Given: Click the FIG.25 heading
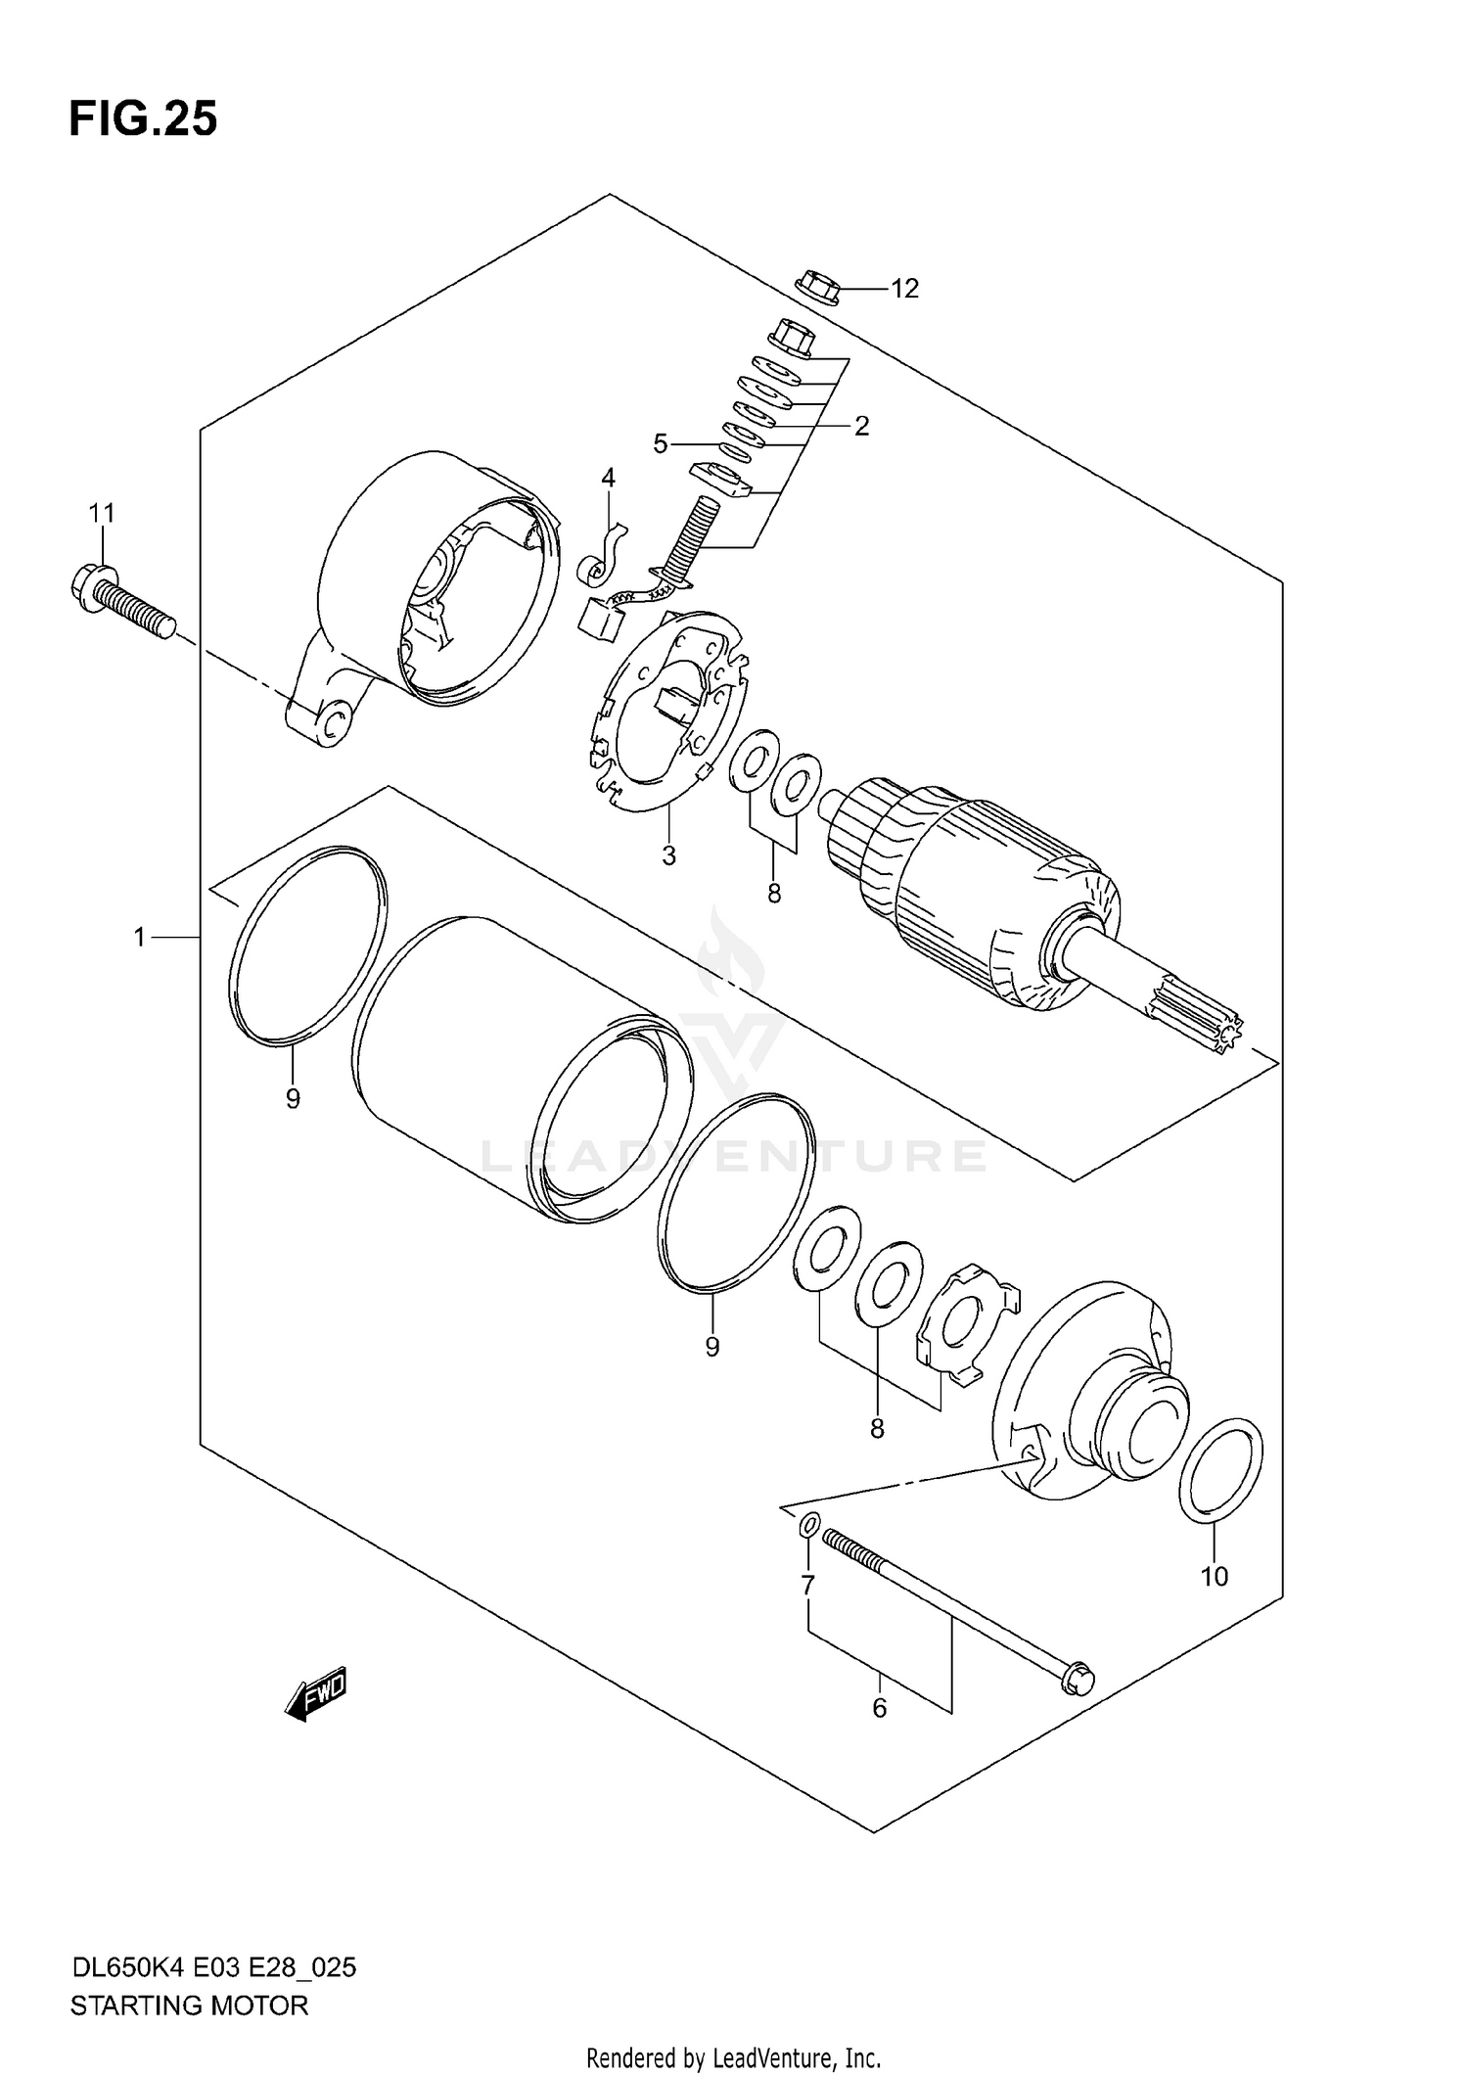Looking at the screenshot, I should click(x=143, y=120).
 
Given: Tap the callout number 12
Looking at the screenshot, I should click(x=904, y=289).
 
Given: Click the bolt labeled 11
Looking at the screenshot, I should click(x=121, y=599).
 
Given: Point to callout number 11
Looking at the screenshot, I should click(x=102, y=513).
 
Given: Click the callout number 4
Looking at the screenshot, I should click(x=608, y=478).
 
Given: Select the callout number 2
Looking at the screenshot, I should click(x=861, y=426).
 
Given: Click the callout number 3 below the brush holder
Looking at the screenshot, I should click(x=668, y=855).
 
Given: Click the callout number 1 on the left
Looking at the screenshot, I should click(x=140, y=938).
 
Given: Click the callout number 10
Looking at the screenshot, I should click(x=1214, y=1577).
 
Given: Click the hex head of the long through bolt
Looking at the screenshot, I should click(x=1078, y=1678).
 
